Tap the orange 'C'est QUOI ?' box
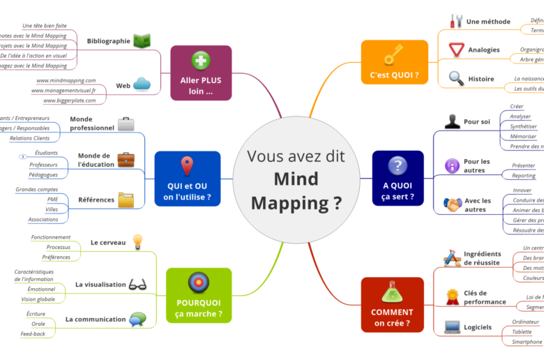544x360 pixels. point(394,62)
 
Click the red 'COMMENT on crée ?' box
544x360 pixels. point(392,304)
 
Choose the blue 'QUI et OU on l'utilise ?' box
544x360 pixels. point(187,179)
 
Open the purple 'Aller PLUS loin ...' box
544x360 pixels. point(201,73)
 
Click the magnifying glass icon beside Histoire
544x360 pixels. point(456,78)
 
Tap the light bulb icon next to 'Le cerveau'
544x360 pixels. point(138,242)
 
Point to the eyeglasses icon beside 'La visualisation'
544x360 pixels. point(138,284)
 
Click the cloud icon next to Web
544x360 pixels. point(142,85)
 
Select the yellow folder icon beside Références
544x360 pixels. point(126,200)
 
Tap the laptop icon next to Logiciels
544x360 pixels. point(453,327)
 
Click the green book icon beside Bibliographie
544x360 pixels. point(142,41)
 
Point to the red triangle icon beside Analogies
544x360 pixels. point(456,50)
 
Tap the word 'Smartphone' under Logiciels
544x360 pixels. point(527,342)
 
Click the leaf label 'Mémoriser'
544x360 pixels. point(523,137)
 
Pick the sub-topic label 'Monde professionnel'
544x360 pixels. point(92,123)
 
